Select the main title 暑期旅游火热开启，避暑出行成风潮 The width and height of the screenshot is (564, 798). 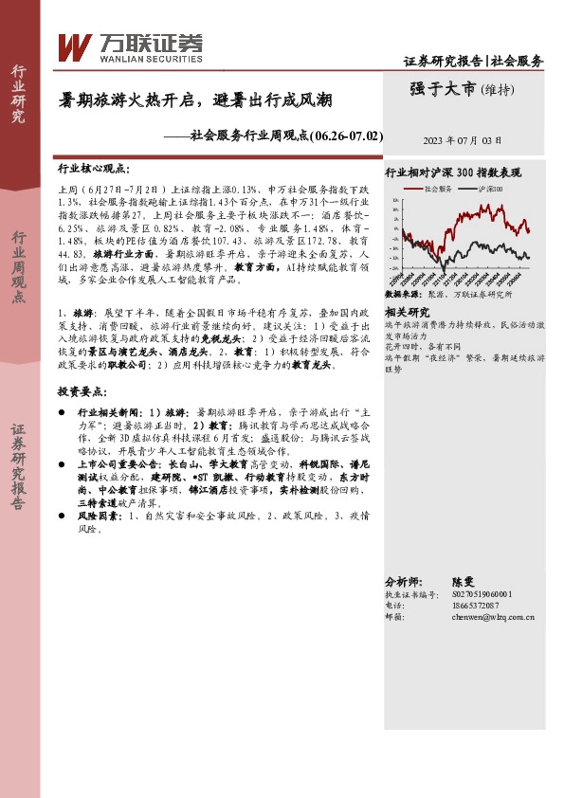196,100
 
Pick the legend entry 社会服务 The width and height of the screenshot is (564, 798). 437,190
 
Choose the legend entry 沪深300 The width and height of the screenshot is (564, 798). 493,190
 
